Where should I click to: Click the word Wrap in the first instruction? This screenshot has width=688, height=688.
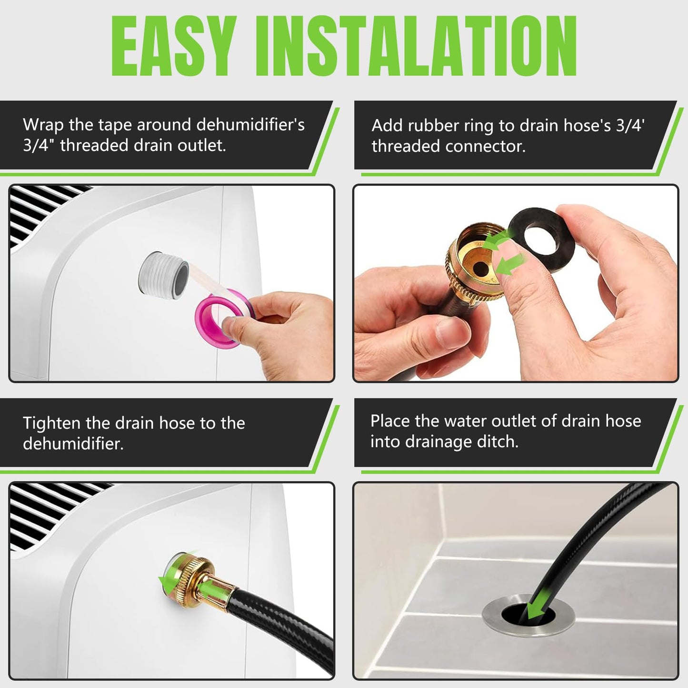coord(44,125)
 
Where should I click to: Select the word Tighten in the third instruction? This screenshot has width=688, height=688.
coord(52,423)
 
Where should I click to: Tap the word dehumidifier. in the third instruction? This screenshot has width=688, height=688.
coord(73,444)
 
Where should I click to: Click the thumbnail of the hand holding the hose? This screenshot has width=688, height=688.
coord(516,283)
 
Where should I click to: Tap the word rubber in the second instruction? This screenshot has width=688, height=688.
coord(431,126)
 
